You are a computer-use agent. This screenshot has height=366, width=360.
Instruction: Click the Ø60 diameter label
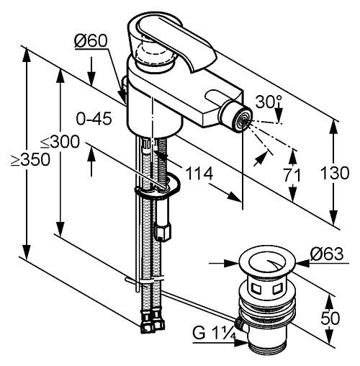coord(91,41)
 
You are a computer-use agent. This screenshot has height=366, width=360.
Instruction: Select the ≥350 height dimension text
coord(30,159)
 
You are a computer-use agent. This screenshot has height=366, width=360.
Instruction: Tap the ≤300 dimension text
coord(60,141)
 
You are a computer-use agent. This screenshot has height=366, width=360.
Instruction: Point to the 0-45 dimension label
coord(94,118)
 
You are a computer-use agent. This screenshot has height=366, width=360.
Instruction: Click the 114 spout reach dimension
coord(199,174)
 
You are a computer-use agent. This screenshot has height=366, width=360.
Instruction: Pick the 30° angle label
coord(269,102)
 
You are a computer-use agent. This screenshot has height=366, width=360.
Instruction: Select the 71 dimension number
coord(292,175)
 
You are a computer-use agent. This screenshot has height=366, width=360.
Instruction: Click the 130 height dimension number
coord(335,173)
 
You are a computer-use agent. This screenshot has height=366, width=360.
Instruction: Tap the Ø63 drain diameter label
coord(327,254)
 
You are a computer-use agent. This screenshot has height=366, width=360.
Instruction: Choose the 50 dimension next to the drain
coord(330,318)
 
